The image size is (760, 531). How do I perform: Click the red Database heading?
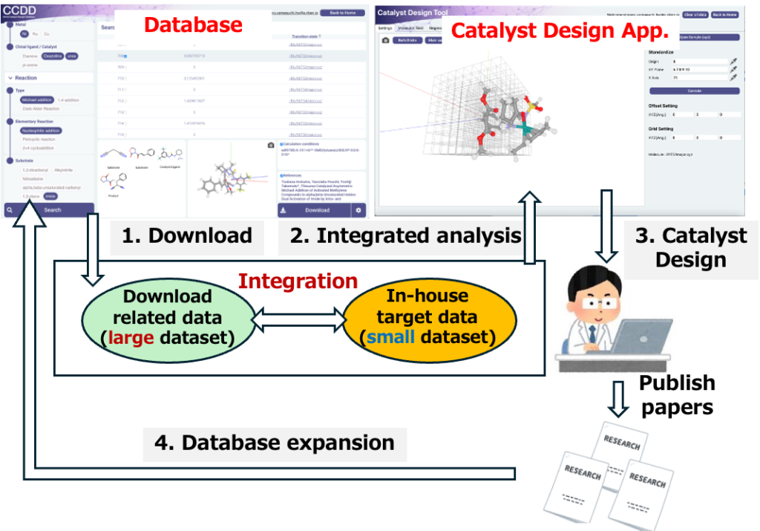click(x=193, y=25)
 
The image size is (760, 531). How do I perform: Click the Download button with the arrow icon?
click(x=313, y=210)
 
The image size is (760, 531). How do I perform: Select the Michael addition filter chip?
click(x=36, y=100)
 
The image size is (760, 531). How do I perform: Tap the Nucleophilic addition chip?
click(x=42, y=130)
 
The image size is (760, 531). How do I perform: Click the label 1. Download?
click(x=187, y=236)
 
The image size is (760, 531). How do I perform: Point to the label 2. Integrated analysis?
click(x=406, y=236)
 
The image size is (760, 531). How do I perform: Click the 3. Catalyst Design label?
click(x=690, y=248)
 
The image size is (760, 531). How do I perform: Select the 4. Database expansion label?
click(x=275, y=443)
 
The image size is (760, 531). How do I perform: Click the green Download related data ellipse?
click(x=167, y=317)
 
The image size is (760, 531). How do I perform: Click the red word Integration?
click(x=298, y=281)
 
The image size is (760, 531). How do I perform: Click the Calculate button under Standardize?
click(x=694, y=91)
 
